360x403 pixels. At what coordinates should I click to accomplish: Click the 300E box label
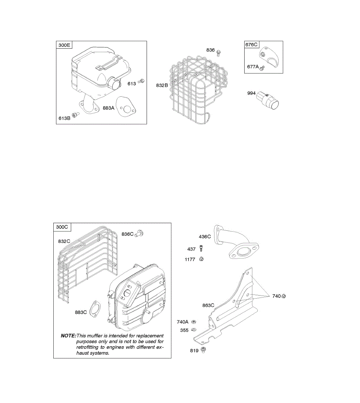(x=64, y=45)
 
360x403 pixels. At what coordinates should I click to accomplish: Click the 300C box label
(x=62, y=227)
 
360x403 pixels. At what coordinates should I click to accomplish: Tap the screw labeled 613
(x=142, y=81)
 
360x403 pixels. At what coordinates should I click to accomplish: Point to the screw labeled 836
(x=219, y=52)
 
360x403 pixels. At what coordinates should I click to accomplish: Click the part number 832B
(x=162, y=86)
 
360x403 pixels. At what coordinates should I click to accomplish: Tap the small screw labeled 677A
(x=262, y=68)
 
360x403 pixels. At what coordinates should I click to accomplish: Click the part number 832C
(x=64, y=241)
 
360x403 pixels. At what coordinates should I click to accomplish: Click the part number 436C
(x=205, y=236)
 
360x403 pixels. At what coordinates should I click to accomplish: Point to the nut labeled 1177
(x=201, y=259)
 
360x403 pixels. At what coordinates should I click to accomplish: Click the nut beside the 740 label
(x=284, y=296)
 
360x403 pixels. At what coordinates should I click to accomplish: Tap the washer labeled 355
(x=194, y=330)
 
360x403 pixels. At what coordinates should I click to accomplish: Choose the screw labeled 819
(x=203, y=350)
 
